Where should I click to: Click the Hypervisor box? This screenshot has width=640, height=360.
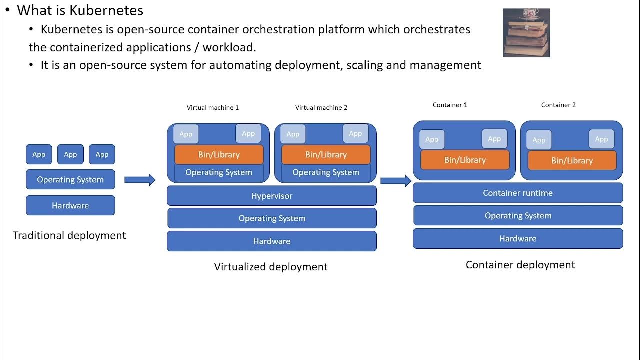pyautogui.click(x=271, y=196)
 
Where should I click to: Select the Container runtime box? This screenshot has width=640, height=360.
pyautogui.click(x=517, y=193)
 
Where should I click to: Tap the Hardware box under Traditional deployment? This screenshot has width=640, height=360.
pyautogui.click(x=70, y=205)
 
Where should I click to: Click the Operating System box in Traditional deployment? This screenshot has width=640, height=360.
pyautogui.click(x=70, y=180)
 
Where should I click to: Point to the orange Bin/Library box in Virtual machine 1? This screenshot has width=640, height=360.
pyautogui.click(x=219, y=155)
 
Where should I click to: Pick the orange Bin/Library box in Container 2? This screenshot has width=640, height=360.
pyautogui.click(x=572, y=161)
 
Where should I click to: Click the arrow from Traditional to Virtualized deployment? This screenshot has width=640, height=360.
pyautogui.click(x=140, y=180)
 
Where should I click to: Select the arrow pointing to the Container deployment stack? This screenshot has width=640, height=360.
pyautogui.click(x=396, y=180)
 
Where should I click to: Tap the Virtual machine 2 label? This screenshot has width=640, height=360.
pyautogui.click(x=321, y=107)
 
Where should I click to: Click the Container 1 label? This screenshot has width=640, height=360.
pyautogui.click(x=450, y=105)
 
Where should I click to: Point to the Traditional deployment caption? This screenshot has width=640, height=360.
pyautogui.click(x=69, y=235)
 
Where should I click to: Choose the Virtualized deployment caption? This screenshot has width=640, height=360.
pyautogui.click(x=271, y=267)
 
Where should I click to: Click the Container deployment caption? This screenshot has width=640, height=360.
pyautogui.click(x=520, y=265)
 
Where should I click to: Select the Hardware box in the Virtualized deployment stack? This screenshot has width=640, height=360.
pyautogui.click(x=271, y=241)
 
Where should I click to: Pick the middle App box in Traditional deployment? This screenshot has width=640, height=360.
pyautogui.click(x=70, y=154)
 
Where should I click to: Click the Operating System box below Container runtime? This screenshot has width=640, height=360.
pyautogui.click(x=517, y=216)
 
